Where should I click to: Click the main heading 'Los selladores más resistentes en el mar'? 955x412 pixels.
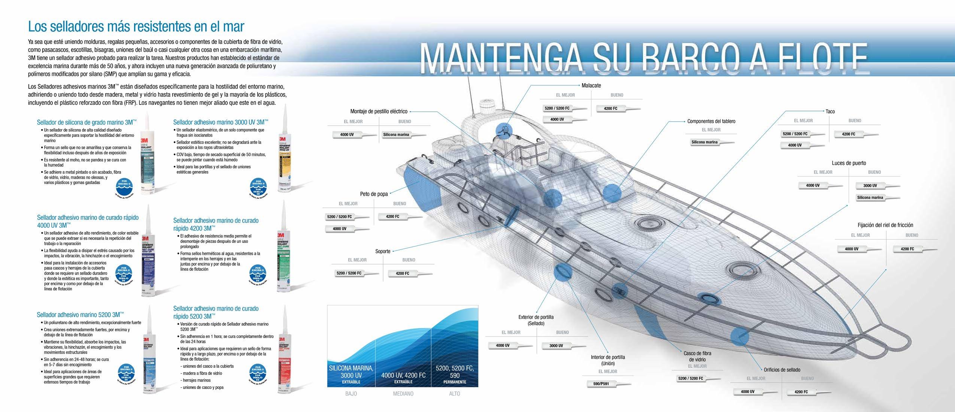pos(136,26)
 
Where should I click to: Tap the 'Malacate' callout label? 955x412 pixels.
pos(591,85)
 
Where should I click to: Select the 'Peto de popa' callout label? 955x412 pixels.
pos(374,194)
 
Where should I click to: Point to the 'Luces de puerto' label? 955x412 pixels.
pos(849,163)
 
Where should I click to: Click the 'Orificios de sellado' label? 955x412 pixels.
pos(782,370)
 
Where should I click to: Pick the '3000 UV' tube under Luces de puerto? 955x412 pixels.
pos(872,186)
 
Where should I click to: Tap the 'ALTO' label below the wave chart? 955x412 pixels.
pos(454,394)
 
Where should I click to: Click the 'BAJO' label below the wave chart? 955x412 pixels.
pos(351,394)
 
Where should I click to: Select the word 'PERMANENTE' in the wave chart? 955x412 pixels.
pos(455,382)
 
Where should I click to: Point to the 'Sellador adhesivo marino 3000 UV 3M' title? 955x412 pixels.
pos(221,122)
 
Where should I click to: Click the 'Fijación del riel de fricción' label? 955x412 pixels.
pos(885,225)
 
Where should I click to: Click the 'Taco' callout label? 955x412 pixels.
pos(830,112)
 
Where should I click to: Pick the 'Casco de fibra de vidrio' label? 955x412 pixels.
pos(697,356)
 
